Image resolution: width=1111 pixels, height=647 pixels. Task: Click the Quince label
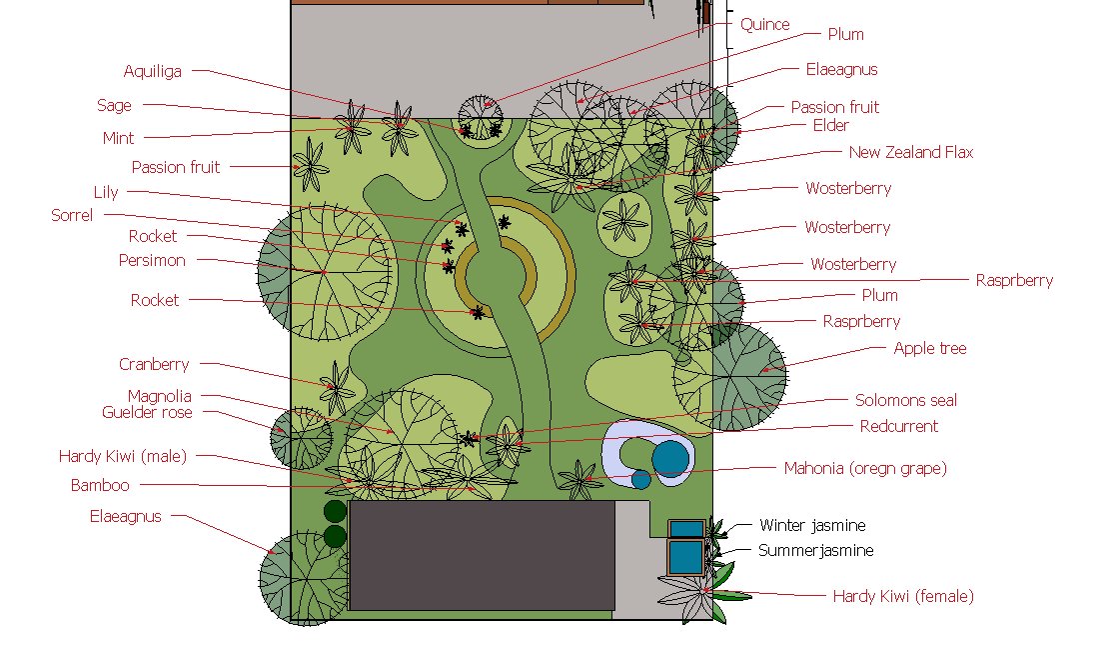tap(764, 25)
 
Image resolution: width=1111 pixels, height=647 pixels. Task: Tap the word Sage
tap(114, 105)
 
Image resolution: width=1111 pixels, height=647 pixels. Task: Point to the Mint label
tap(118, 138)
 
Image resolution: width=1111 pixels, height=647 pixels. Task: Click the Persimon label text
tap(152, 261)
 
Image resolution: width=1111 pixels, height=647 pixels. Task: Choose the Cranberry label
tap(154, 365)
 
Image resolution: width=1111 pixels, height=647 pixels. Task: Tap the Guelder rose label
tap(147, 412)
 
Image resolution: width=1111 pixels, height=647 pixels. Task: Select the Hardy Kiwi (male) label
tap(123, 457)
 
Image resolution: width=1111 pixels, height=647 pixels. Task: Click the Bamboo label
tap(100, 486)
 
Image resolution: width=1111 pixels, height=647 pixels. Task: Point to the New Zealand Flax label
tap(910, 153)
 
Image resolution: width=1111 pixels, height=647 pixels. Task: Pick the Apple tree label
tap(929, 349)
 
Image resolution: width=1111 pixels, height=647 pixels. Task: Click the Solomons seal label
tap(905, 401)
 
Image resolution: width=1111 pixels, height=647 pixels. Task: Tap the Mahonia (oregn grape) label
tap(865, 468)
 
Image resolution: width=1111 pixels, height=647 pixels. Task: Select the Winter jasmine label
tap(812, 525)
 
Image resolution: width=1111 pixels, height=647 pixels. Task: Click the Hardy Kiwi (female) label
tap(902, 597)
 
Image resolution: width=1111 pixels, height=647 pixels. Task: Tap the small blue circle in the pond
tap(641, 480)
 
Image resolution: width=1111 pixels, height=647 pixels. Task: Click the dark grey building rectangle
tap(482, 555)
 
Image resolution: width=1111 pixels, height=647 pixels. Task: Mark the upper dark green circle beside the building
tap(335, 512)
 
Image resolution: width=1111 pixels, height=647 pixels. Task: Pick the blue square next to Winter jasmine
tap(686, 527)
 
